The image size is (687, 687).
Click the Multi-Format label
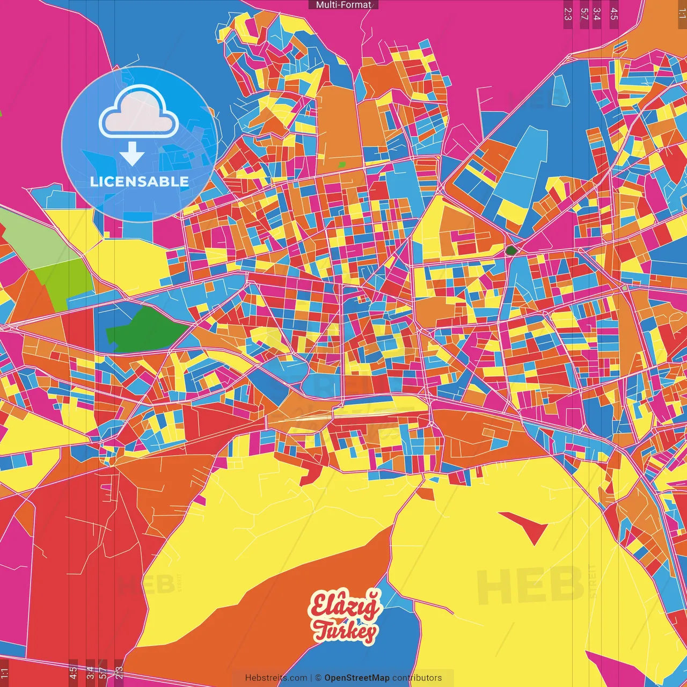click(343, 5)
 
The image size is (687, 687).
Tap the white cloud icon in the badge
click(139, 113)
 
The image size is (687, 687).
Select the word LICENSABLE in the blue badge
click(140, 181)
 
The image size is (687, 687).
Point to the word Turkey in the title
click(345, 631)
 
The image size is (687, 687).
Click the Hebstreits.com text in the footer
click(276, 678)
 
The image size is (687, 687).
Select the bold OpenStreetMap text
click(357, 678)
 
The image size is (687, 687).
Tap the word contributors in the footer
click(417, 678)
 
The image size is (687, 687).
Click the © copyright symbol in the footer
click(318, 678)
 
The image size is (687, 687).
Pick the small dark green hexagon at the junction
click(511, 250)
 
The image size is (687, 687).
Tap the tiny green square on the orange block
click(342, 164)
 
